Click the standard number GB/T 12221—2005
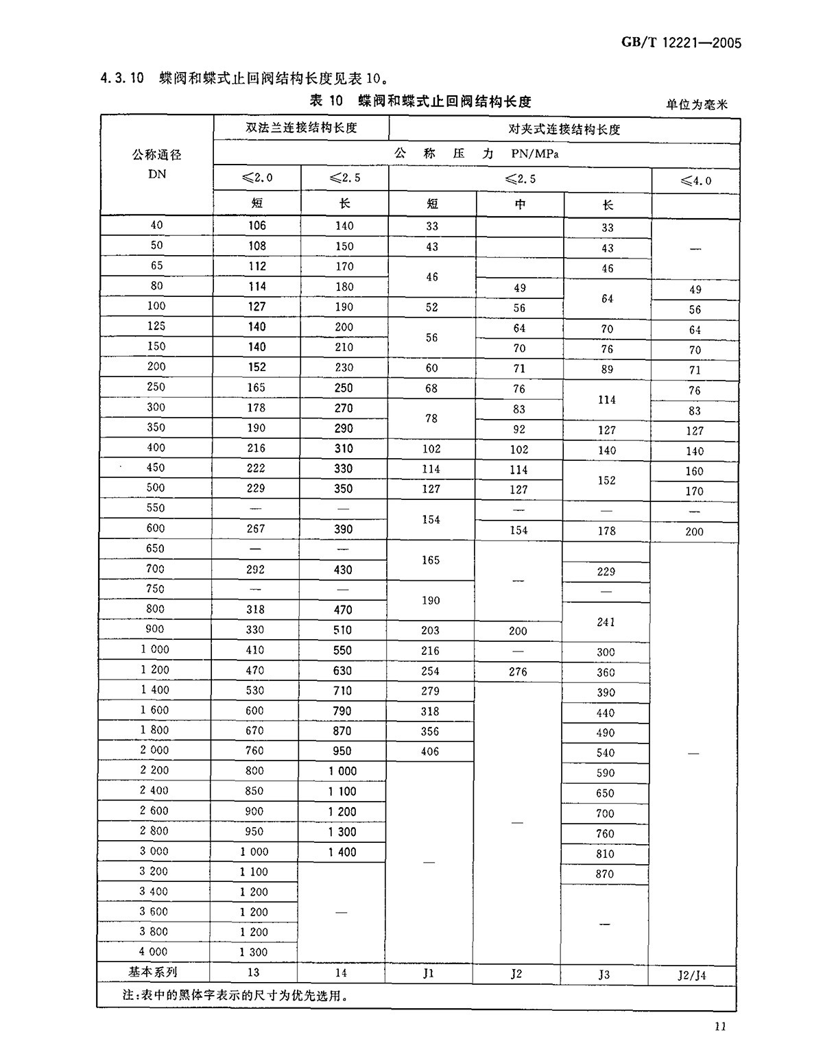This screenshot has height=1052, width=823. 682,43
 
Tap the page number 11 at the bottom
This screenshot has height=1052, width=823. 719,1026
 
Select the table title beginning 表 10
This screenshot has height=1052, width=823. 420,101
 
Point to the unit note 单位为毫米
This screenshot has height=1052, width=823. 696,104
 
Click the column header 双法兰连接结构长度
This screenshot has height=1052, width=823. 301,128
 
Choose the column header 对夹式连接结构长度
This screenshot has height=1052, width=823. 564,129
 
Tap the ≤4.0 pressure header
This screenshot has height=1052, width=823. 695,181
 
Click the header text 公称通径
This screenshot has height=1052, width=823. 157,155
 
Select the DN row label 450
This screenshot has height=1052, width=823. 156,468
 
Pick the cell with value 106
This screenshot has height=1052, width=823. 257,226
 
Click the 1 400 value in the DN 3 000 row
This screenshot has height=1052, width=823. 342,852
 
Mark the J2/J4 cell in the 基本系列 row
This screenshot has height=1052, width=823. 693,975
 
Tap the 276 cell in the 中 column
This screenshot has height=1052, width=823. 518,671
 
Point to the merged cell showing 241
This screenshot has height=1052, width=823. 606,622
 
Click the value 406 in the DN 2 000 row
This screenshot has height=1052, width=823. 430,752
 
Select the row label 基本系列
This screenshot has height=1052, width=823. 153,972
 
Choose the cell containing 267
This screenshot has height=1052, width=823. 254,529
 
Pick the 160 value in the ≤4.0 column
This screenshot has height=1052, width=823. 694,471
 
